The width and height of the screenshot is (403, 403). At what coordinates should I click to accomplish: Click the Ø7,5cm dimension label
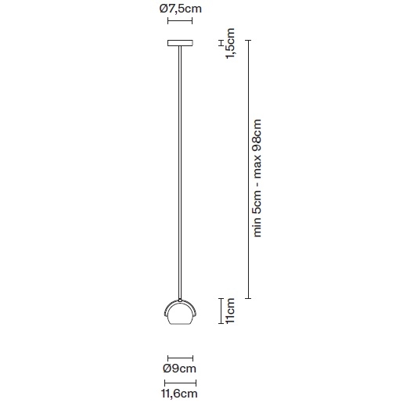[x=181, y=9]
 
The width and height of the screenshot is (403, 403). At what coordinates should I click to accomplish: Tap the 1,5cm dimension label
[x=230, y=43]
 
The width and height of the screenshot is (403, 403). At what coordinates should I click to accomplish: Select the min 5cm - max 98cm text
[x=257, y=178]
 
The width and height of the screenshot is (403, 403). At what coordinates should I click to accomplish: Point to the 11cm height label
[x=230, y=311]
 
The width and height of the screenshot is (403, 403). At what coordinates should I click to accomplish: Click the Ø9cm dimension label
[x=179, y=369]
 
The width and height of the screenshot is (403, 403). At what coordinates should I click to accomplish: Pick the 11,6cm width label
[x=179, y=394]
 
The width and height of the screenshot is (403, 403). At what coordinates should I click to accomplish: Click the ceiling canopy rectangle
[x=180, y=43]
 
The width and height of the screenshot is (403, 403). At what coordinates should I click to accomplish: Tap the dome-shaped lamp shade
[x=180, y=312]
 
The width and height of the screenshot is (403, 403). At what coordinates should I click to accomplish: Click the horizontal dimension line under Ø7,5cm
[x=180, y=21]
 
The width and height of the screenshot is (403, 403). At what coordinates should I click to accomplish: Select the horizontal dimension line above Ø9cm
[x=180, y=358]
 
